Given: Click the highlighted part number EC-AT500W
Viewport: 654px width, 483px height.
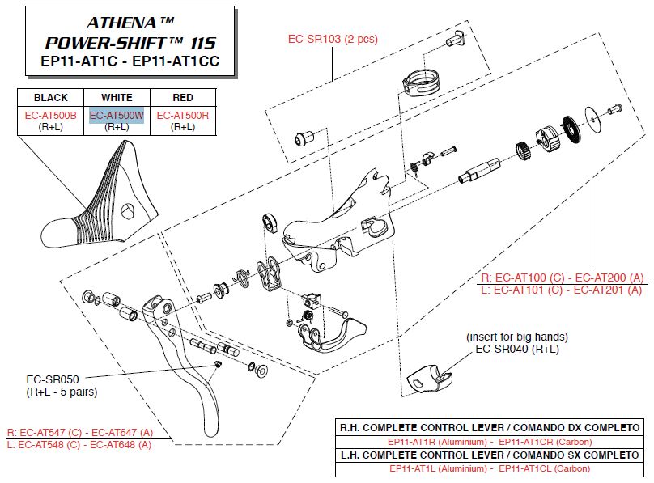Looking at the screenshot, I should point(117,116).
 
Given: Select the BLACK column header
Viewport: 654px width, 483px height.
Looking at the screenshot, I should point(51,98).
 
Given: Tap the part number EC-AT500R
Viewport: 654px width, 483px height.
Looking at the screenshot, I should point(182,116).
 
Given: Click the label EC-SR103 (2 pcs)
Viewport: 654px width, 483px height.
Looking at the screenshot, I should point(333,39).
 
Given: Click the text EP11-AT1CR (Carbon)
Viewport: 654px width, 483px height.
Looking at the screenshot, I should point(545,442).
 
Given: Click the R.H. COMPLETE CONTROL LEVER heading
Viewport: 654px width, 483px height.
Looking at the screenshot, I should point(490,427).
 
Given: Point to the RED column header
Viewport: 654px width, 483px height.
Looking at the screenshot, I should point(183,98).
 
